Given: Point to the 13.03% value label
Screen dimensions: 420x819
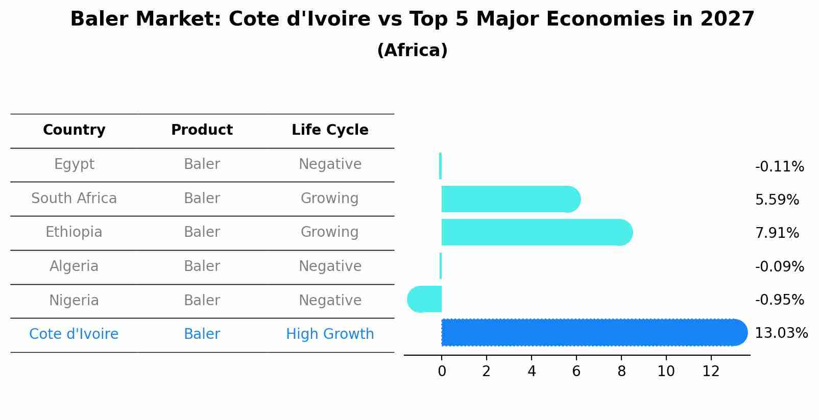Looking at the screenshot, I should click(x=781, y=333).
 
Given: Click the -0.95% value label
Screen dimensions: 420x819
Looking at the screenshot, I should click(x=779, y=300).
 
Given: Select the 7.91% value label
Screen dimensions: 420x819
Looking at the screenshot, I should click(x=777, y=233).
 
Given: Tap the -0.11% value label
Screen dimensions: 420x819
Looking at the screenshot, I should click(x=779, y=167).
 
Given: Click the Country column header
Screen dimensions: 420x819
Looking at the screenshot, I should click(x=74, y=130).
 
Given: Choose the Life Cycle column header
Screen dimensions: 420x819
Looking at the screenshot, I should click(x=330, y=130).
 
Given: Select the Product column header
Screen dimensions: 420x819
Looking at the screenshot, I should click(x=202, y=130).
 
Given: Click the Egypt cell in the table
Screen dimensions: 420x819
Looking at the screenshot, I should click(x=74, y=164).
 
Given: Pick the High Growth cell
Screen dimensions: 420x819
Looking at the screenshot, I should click(x=330, y=334).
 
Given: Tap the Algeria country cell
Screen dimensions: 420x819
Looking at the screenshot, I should click(x=74, y=266).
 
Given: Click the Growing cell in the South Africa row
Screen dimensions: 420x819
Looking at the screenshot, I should click(x=330, y=199).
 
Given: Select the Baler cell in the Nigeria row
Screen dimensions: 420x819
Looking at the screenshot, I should click(x=202, y=301).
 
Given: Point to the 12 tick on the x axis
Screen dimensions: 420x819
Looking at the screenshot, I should click(x=711, y=372).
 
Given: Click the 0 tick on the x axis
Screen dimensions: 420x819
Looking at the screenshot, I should click(x=442, y=372).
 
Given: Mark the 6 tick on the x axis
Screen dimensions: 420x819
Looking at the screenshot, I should click(x=576, y=372).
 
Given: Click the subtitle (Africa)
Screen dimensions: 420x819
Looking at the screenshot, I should click(x=412, y=51).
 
